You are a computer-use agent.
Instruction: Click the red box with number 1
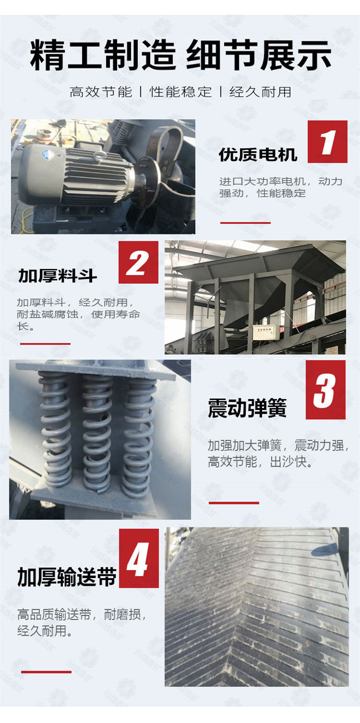tap(327, 142)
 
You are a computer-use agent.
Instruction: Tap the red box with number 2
tap(138, 262)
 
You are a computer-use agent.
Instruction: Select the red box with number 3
tap(325, 389)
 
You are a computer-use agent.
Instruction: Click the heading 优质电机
tap(258, 155)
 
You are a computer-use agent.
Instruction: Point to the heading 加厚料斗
tap(58, 276)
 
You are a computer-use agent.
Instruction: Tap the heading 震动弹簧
tap(247, 408)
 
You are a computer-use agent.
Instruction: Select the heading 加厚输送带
tap(67, 577)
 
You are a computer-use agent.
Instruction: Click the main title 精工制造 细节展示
tap(180, 55)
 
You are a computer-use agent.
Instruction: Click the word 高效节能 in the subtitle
tap(101, 92)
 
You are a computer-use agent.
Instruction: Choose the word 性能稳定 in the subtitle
tap(180, 92)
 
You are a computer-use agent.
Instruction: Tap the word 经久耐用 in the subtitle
tap(260, 92)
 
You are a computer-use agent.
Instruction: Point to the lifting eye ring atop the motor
tap(97, 156)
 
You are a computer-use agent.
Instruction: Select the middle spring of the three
tap(96, 434)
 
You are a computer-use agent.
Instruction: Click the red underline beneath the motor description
tap(245, 223)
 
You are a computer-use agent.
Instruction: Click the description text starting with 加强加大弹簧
tap(278, 454)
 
